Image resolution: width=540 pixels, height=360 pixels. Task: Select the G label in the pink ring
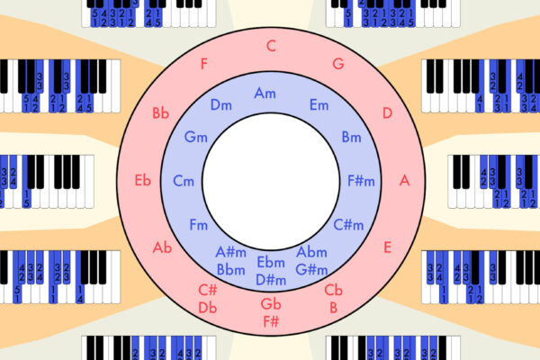[x=338, y=64]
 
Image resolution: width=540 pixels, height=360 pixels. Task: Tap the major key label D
[x=387, y=112]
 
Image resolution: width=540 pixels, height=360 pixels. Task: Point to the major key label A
[x=404, y=180]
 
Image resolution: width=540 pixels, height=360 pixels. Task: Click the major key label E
[x=388, y=247]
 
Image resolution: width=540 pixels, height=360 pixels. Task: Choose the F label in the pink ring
[x=204, y=64]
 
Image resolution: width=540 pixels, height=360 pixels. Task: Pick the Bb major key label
[x=161, y=113]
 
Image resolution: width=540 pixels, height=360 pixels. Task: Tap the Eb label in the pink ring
[x=142, y=180]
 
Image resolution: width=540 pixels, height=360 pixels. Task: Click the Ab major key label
[x=162, y=247]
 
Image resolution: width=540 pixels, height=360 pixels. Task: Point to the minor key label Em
[x=319, y=105]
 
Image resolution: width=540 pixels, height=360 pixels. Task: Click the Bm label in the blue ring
[x=351, y=137]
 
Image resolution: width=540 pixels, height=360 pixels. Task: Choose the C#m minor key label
[x=347, y=224]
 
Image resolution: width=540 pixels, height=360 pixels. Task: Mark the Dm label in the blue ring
[x=221, y=105]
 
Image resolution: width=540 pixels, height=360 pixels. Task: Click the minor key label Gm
[x=195, y=137]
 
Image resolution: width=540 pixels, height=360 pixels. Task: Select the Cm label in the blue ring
[x=184, y=181]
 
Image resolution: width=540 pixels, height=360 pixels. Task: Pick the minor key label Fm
[x=198, y=224]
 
